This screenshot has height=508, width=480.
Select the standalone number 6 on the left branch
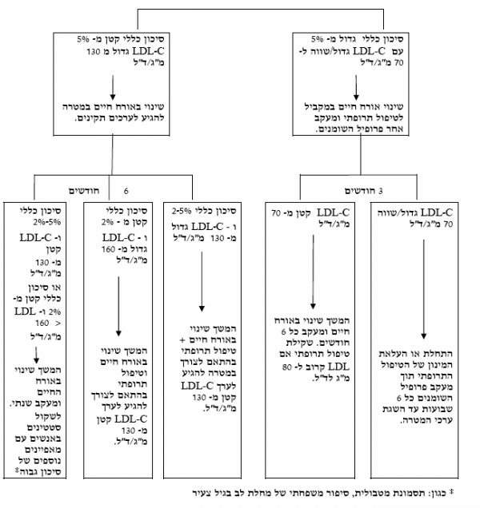tap(126, 190)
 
